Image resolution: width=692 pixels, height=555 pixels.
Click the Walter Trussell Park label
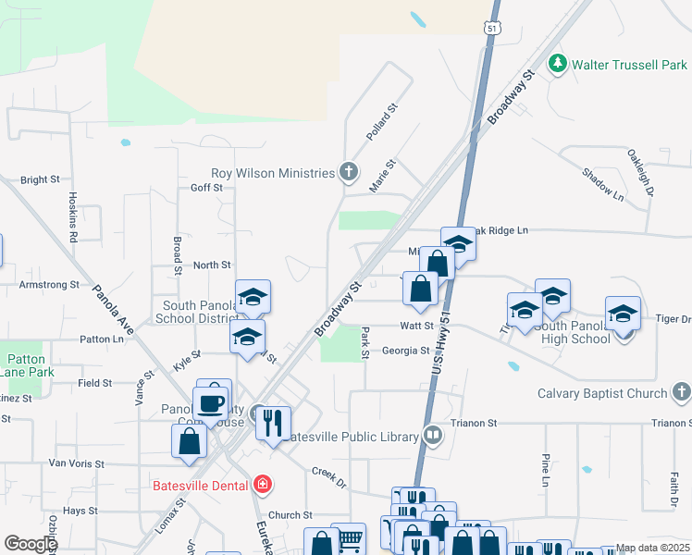point(629,65)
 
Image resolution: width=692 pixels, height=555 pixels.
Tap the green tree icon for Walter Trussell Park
point(557,64)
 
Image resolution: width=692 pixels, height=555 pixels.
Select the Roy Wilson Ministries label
point(273,173)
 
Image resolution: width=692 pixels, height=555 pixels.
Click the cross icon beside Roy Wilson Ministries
point(348,172)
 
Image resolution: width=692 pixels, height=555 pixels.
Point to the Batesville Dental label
point(201,485)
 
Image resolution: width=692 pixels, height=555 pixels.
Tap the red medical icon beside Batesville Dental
point(263,485)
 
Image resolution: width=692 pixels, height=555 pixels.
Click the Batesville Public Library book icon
point(433,434)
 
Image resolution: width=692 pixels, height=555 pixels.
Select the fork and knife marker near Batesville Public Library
point(272,424)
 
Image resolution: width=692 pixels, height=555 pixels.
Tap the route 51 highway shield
point(493,29)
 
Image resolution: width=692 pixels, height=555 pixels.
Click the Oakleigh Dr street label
point(640,172)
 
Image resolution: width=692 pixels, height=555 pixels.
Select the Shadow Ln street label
point(603,184)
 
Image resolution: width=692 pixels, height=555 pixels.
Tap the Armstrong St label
point(50,285)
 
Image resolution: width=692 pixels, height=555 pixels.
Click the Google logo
point(31,543)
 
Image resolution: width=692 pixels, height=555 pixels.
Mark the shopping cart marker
point(348,539)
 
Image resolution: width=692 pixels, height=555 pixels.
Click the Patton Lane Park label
point(27,365)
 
